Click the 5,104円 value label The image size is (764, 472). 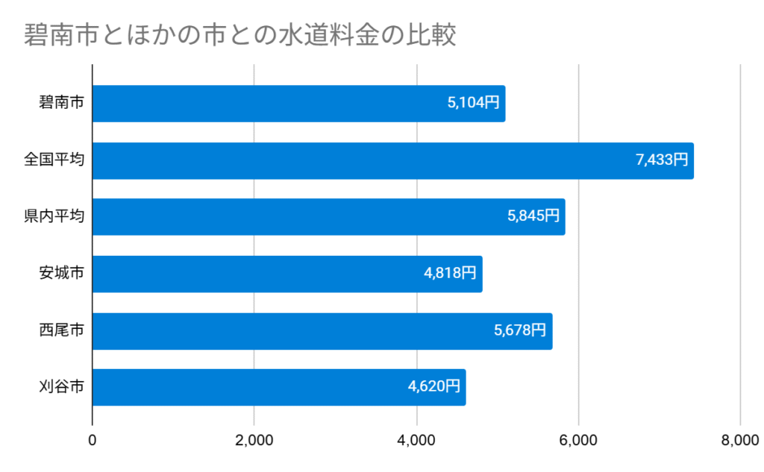(x=473, y=104)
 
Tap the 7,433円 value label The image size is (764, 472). (x=662, y=160)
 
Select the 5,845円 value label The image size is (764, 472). (x=533, y=217)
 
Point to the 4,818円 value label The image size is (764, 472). (x=450, y=274)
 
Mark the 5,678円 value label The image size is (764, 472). (x=520, y=331)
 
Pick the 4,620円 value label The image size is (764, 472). (x=433, y=388)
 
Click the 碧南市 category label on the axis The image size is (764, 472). (x=61, y=104)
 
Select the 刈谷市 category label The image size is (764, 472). (x=61, y=388)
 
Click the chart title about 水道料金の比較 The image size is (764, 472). (x=239, y=35)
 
